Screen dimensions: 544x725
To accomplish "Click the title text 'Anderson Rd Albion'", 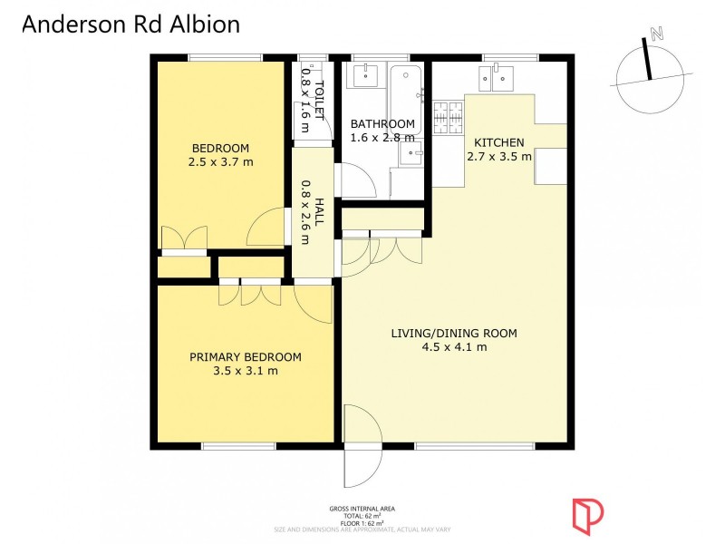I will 130,24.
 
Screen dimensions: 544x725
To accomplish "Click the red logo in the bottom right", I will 586,514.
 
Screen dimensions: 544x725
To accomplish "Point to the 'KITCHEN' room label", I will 498,142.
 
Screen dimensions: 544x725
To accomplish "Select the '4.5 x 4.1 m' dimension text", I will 454,346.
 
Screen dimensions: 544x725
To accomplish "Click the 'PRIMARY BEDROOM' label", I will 245,357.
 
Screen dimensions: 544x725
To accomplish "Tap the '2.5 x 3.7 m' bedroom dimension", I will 220,162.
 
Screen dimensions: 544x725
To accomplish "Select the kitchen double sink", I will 498,79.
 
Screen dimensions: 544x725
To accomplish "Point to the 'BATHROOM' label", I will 382,124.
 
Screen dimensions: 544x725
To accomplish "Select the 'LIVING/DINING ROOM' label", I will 454,333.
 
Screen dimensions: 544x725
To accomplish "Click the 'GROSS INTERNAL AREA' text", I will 362,509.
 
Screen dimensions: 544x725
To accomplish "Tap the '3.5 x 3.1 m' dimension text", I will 245,371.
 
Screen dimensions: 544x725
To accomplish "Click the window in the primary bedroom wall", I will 238,445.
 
